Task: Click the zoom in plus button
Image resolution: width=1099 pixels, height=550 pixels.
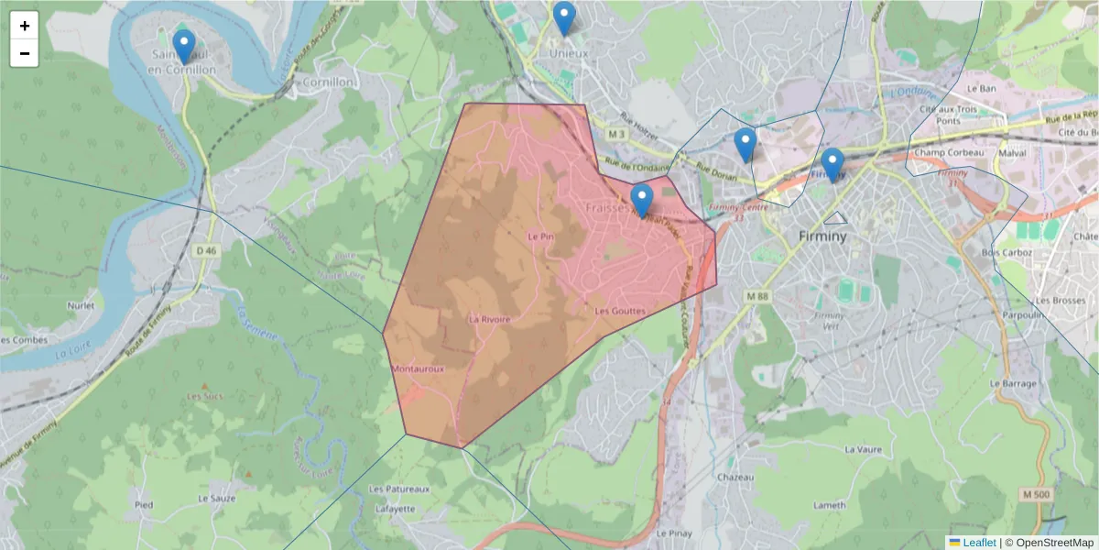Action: point(24,26)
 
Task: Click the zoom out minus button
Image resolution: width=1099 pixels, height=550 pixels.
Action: point(24,53)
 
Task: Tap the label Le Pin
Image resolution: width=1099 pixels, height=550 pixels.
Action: point(541,236)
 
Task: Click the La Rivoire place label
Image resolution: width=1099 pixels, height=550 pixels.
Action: point(489,320)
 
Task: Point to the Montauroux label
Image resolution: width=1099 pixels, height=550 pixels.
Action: point(418,368)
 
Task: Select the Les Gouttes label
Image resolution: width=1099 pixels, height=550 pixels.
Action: point(620,312)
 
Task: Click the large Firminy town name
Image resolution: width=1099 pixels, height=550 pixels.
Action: point(822,236)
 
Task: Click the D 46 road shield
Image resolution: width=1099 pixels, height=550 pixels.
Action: point(206,249)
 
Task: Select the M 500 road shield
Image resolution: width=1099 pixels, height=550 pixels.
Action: point(1035,495)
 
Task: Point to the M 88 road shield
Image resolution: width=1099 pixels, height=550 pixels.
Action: point(756,295)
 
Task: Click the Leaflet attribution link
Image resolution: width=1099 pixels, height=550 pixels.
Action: point(979,543)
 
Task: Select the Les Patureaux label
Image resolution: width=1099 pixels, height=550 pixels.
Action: point(399,489)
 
